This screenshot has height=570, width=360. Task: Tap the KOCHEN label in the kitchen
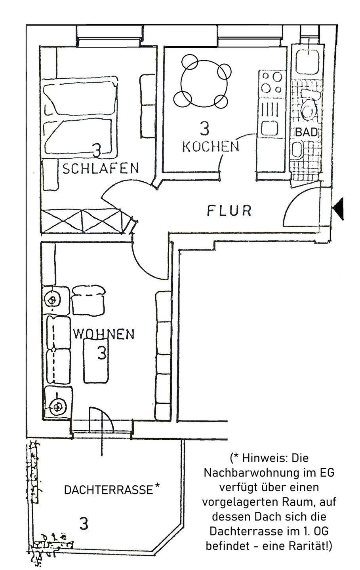[x=210, y=147]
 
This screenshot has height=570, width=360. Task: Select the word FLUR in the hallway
[x=229, y=211]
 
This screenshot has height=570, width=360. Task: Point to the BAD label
[x=306, y=133]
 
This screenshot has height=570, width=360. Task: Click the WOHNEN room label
[x=104, y=334]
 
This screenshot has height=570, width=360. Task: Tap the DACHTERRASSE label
[x=108, y=490]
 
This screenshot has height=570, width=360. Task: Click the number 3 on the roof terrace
[x=84, y=523]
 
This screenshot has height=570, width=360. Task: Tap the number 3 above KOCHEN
[x=204, y=129]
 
